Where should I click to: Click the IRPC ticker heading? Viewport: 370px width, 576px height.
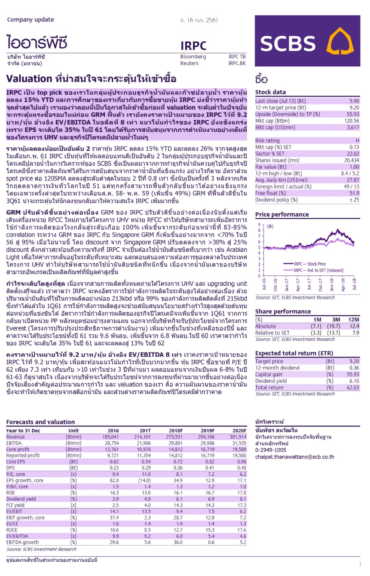(193, 46)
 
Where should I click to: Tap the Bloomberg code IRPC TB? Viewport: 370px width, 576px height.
(237, 57)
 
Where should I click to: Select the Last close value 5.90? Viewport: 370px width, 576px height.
(354, 101)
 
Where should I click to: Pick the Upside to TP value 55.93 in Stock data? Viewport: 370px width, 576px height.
(353, 114)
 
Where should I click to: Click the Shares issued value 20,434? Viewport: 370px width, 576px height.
(351, 160)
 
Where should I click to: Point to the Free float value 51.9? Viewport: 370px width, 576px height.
(354, 193)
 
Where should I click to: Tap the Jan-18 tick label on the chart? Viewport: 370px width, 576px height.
(332, 285)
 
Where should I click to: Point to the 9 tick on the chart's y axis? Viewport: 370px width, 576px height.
(259, 225)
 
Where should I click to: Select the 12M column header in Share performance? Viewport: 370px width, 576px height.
(353, 319)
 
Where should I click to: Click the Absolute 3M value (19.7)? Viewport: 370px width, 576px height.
(333, 326)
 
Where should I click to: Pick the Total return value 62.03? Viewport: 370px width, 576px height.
(352, 387)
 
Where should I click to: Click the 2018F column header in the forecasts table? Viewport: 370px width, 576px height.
(176, 430)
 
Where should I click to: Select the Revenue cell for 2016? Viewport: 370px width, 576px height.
(110, 437)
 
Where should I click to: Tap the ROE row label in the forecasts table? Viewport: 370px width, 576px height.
(11, 493)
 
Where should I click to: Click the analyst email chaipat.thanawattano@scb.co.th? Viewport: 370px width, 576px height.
(294, 457)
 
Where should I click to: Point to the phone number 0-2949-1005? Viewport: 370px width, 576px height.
(271, 450)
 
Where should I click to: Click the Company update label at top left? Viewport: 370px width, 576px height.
(30, 20)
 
